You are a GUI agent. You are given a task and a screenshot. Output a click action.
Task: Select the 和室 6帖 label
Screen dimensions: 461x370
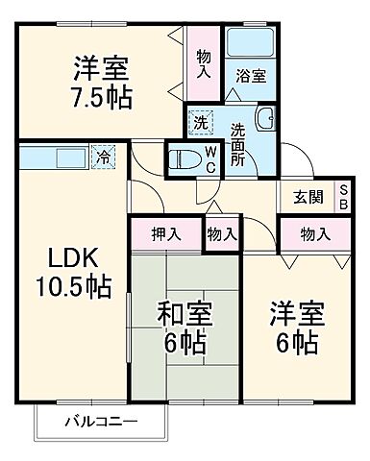[x=185, y=328]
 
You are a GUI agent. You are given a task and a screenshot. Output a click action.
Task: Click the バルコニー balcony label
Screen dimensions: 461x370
[x=101, y=422]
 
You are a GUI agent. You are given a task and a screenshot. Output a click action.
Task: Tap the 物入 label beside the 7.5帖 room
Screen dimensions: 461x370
[x=203, y=65]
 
